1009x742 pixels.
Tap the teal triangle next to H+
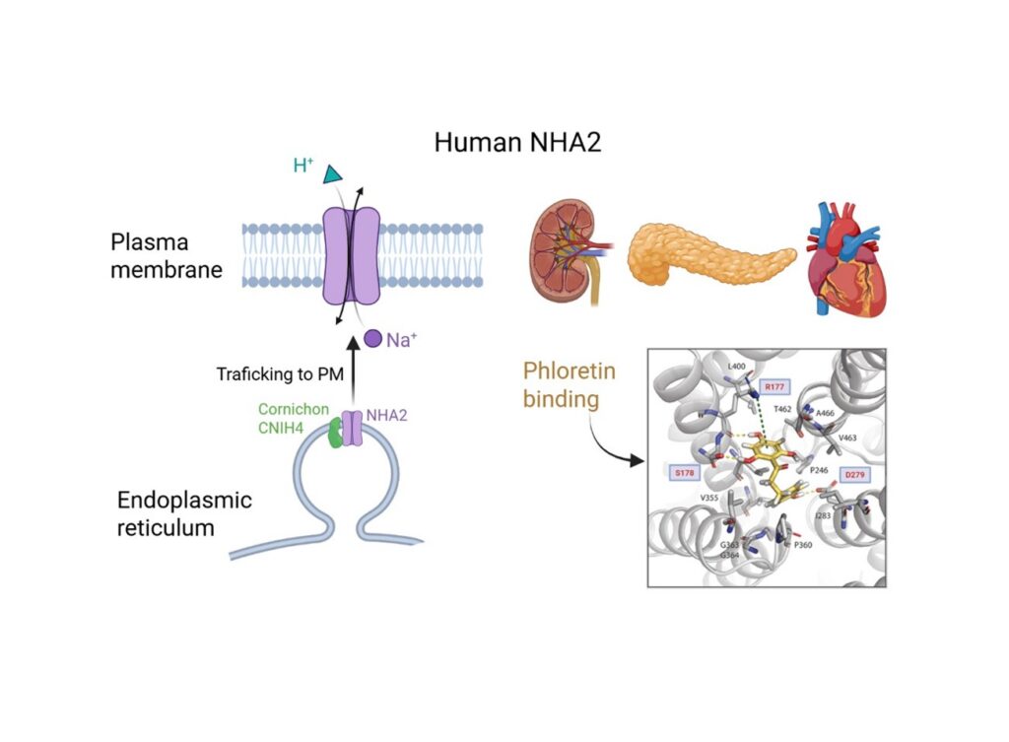pyautogui.click(x=333, y=174)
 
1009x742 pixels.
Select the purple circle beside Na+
pyautogui.click(x=371, y=339)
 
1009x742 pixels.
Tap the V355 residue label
pyautogui.click(x=708, y=498)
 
